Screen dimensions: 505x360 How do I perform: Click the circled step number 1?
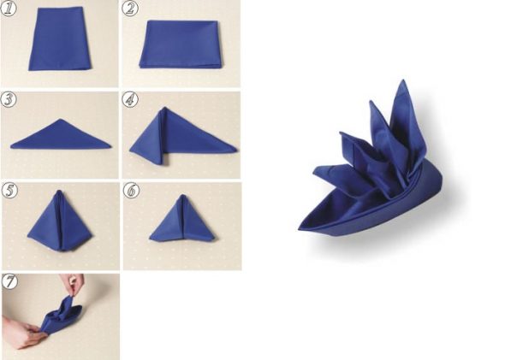click(9, 9)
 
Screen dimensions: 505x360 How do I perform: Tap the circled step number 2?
click(130, 9)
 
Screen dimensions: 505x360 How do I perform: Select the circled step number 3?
click(9, 100)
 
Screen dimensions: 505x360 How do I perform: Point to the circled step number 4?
click(130, 100)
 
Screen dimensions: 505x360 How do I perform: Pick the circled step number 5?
click(9, 191)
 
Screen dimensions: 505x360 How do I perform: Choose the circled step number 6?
click(132, 191)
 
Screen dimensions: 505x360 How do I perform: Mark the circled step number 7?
click(9, 282)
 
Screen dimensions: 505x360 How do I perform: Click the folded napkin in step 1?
click(60, 38)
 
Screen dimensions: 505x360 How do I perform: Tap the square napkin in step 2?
click(181, 44)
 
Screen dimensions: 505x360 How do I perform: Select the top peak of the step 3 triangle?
click(60, 120)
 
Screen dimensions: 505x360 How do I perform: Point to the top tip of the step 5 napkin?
click(58, 191)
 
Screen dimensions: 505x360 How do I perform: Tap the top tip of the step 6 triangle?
click(182, 195)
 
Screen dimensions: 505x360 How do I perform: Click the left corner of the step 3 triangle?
click(11, 147)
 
